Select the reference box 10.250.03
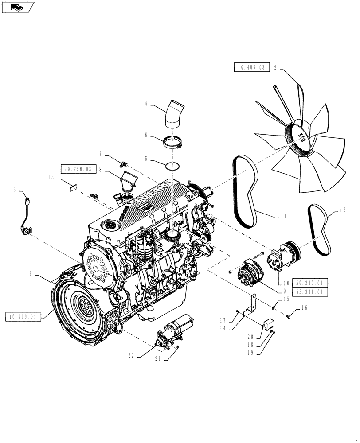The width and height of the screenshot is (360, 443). pos(77,169)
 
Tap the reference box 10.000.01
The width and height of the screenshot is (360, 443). pos(23,316)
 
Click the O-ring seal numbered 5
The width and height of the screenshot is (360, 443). pos(173,166)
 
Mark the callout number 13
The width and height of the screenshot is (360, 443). pos(52,177)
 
